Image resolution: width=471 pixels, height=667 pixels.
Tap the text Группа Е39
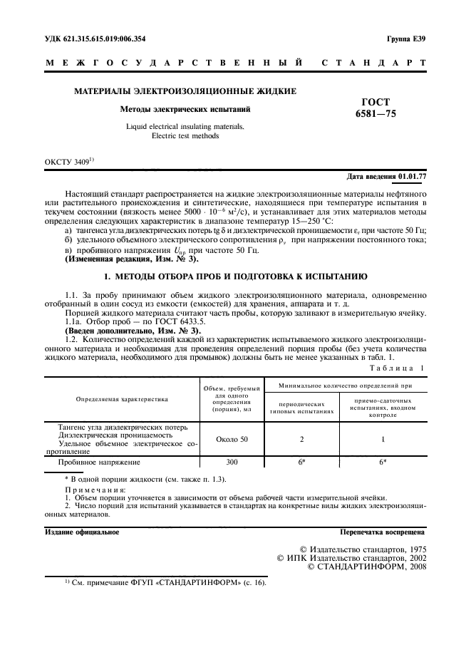coord(406,38)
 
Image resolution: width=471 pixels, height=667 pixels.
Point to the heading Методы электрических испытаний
coord(185,110)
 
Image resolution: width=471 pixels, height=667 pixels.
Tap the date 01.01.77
coord(413,175)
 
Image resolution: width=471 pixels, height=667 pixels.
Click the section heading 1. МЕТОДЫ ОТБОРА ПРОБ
coord(235,275)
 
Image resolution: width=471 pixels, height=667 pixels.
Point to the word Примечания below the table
coord(93,491)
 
